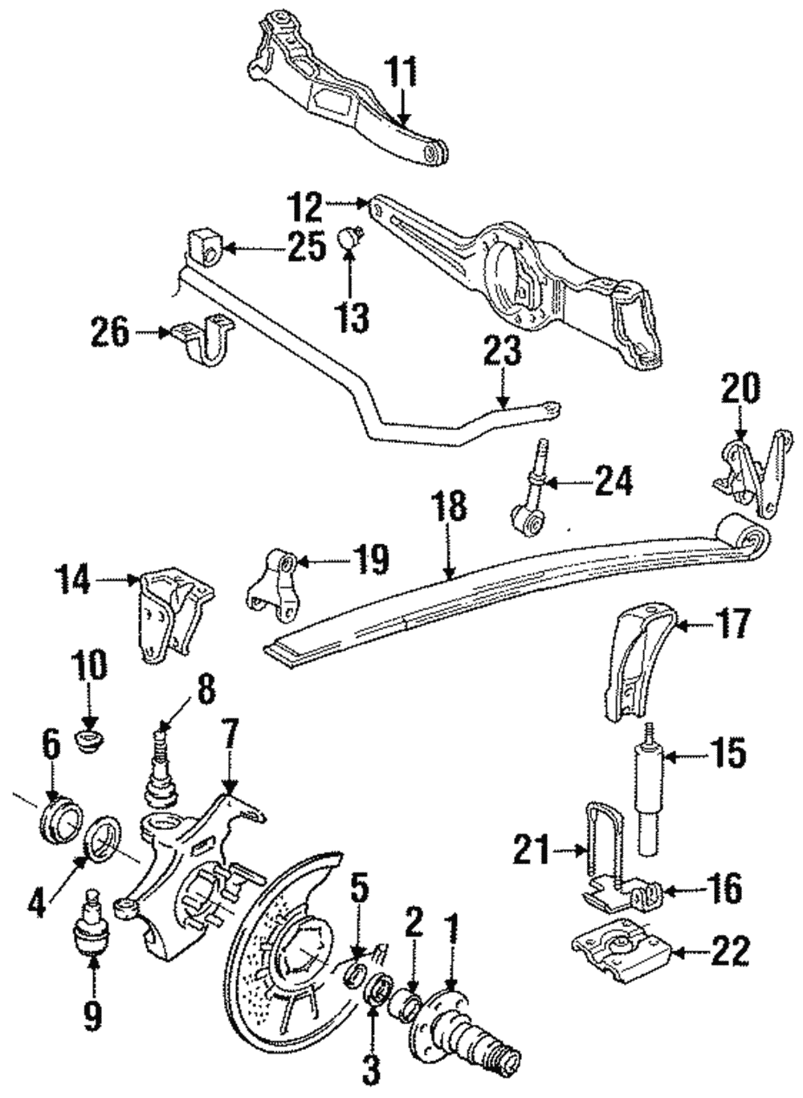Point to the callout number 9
click(x=92, y=1016)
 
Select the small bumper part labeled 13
click(x=351, y=238)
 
